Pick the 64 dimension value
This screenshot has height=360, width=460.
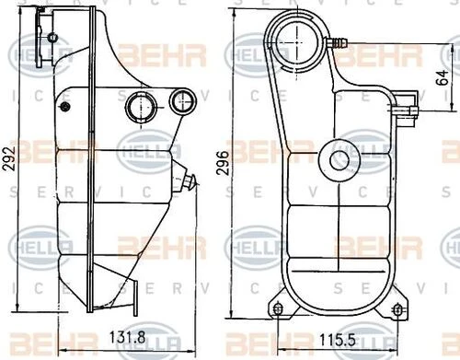[443, 77]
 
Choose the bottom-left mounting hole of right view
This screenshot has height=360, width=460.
[277, 308]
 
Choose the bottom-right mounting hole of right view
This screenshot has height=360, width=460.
[397, 308]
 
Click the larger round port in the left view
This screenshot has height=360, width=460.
[141, 107]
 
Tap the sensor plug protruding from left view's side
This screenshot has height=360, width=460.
[190, 181]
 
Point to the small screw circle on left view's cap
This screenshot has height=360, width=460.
[52, 38]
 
